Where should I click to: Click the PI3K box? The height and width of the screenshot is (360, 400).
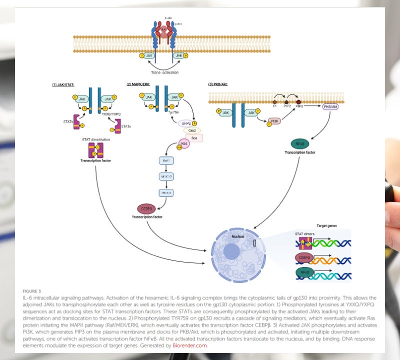point(274,120)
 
